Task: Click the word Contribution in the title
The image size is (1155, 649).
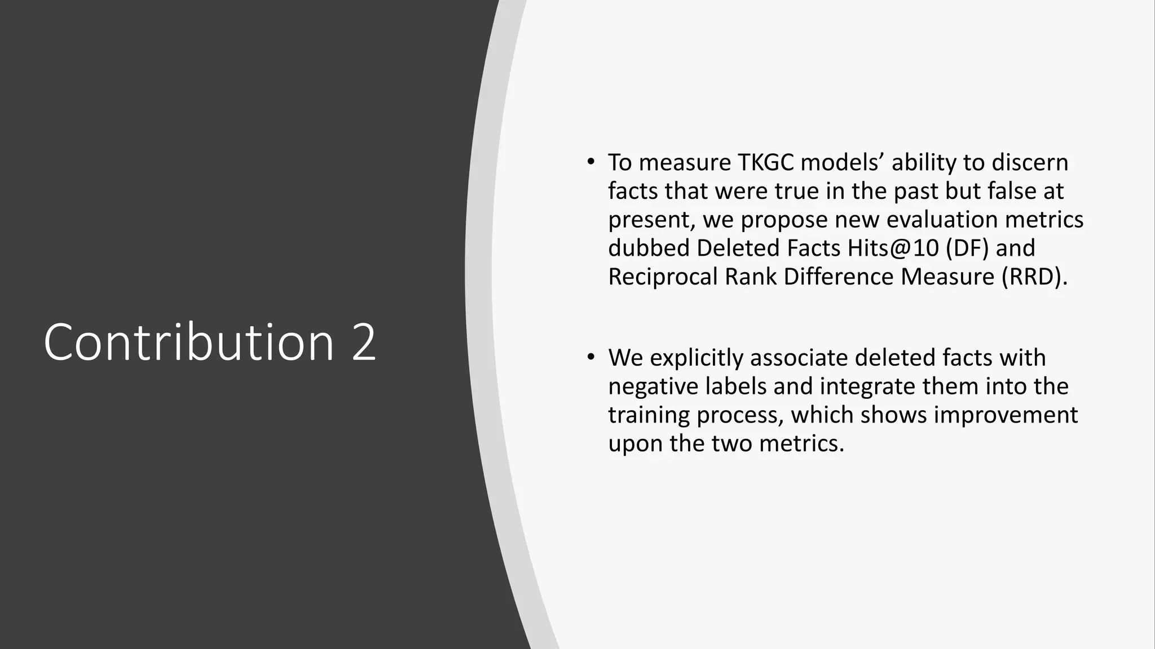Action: point(189,342)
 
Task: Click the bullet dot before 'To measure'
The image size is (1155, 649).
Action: point(590,163)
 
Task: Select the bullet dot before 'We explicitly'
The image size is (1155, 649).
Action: point(590,358)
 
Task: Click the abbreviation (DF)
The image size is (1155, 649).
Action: point(967,248)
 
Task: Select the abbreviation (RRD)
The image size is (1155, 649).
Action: point(1035,277)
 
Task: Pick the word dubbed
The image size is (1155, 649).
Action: point(649,248)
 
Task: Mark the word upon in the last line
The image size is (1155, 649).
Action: point(635,444)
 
